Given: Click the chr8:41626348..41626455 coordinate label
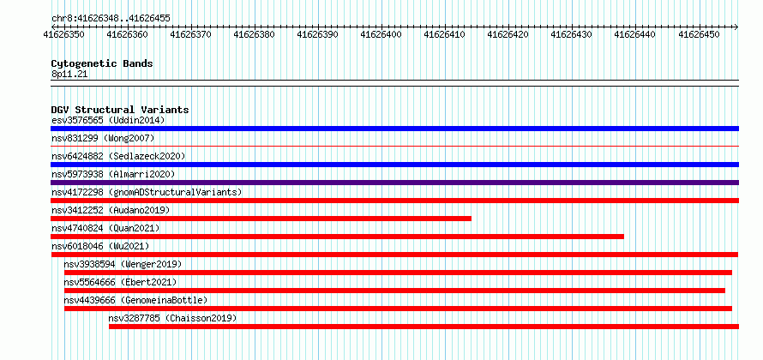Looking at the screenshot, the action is pyautogui.click(x=111, y=19).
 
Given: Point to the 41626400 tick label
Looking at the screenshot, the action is pyautogui.click(x=381, y=34).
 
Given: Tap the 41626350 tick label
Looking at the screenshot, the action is pyautogui.click(x=63, y=34).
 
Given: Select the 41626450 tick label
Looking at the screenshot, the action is pyautogui.click(x=699, y=34).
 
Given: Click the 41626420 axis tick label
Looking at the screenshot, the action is pyautogui.click(x=508, y=34).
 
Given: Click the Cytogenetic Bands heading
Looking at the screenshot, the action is pyautogui.click(x=102, y=63).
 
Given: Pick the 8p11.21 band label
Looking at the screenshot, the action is pyautogui.click(x=69, y=75).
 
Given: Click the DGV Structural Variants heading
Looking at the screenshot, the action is pyautogui.click(x=120, y=110).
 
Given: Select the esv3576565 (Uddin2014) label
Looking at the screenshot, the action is pyautogui.click(x=108, y=120).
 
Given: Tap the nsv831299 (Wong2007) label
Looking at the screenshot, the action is pyautogui.click(x=103, y=138).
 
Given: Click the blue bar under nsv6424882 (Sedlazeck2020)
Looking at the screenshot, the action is pyautogui.click(x=394, y=165).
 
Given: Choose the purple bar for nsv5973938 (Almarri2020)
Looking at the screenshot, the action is pyautogui.click(x=394, y=183).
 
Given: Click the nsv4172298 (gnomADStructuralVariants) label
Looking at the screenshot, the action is pyautogui.click(x=147, y=192).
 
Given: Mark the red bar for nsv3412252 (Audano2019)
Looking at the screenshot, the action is pyautogui.click(x=261, y=219).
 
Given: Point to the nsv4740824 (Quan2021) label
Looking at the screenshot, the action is pyautogui.click(x=105, y=228).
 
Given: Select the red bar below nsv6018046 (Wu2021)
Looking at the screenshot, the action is pyautogui.click(x=394, y=255).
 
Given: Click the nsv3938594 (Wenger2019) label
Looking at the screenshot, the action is pyautogui.click(x=123, y=264).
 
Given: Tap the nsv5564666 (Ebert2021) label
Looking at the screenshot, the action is pyautogui.click(x=120, y=282).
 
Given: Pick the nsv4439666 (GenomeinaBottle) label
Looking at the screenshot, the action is pyautogui.click(x=135, y=300).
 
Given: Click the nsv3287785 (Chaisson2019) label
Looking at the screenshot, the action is pyautogui.click(x=172, y=319).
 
